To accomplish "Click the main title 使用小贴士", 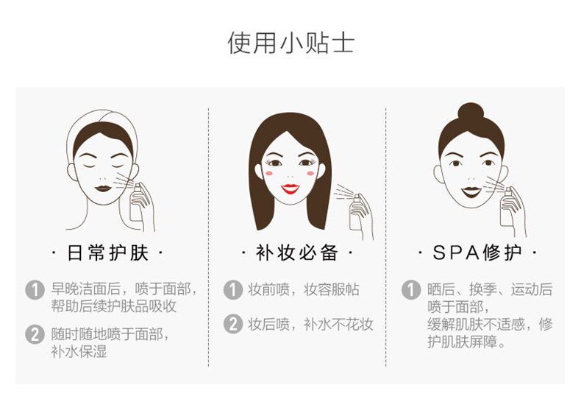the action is click(291, 43).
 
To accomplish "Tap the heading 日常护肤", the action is click(108, 253).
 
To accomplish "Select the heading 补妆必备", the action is click(297, 253).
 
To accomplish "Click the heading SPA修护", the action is click(477, 253).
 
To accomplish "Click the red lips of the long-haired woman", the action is click(290, 188).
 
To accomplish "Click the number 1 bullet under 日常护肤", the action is click(35, 290).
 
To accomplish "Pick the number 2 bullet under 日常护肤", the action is click(35, 334).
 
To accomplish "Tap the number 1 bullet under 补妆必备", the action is click(233, 289).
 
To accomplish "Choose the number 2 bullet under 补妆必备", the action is click(233, 324).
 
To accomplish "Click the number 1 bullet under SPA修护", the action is click(411, 289).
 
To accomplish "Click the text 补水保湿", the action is click(79, 351).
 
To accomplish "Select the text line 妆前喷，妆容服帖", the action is click(304, 289).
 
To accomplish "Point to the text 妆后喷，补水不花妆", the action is click(310, 325).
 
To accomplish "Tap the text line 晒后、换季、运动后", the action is click(490, 289).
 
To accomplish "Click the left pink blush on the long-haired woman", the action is click(269, 173).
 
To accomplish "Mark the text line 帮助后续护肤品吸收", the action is click(114, 306).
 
